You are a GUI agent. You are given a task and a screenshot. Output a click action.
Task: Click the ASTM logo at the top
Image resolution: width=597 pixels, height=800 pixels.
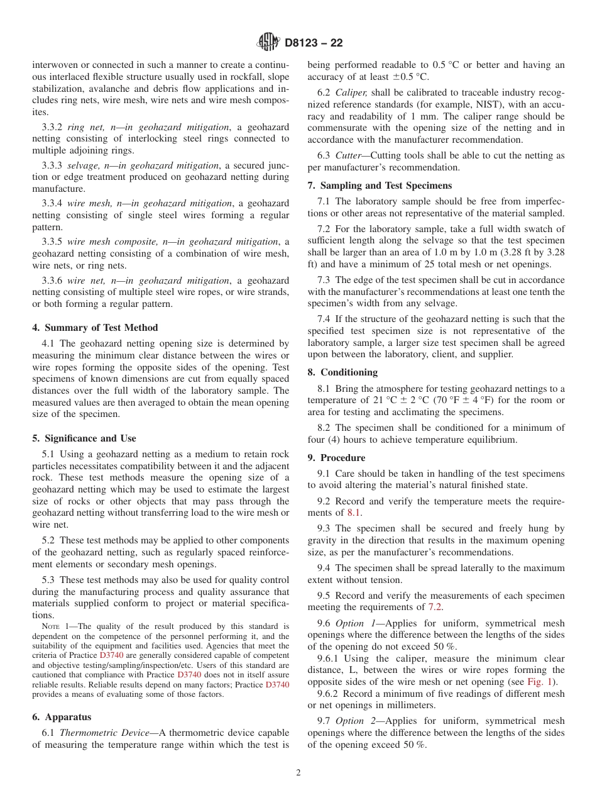point(268,43)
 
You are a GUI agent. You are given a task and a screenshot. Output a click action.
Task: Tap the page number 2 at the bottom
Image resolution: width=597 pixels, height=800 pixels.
point(298,773)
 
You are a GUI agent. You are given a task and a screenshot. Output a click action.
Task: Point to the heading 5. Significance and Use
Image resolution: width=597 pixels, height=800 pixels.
point(84,438)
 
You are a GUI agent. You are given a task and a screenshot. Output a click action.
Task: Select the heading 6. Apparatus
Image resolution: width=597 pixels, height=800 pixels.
point(62,717)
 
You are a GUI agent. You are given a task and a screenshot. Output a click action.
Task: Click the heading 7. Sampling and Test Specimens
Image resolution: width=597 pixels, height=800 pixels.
point(380,186)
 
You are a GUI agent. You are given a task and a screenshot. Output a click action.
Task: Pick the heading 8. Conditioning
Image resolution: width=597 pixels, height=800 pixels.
point(342,372)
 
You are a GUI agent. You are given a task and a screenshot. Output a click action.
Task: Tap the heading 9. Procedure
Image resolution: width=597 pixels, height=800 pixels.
point(336,458)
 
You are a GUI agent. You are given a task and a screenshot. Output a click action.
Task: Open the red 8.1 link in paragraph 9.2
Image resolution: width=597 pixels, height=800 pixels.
point(354,513)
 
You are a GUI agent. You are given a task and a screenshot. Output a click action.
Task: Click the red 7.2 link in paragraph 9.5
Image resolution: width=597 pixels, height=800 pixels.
point(435,607)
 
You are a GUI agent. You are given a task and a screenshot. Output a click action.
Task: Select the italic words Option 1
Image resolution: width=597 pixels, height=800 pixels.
point(355,623)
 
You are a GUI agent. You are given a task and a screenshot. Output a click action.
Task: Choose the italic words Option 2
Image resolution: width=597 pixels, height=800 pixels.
point(355,721)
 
